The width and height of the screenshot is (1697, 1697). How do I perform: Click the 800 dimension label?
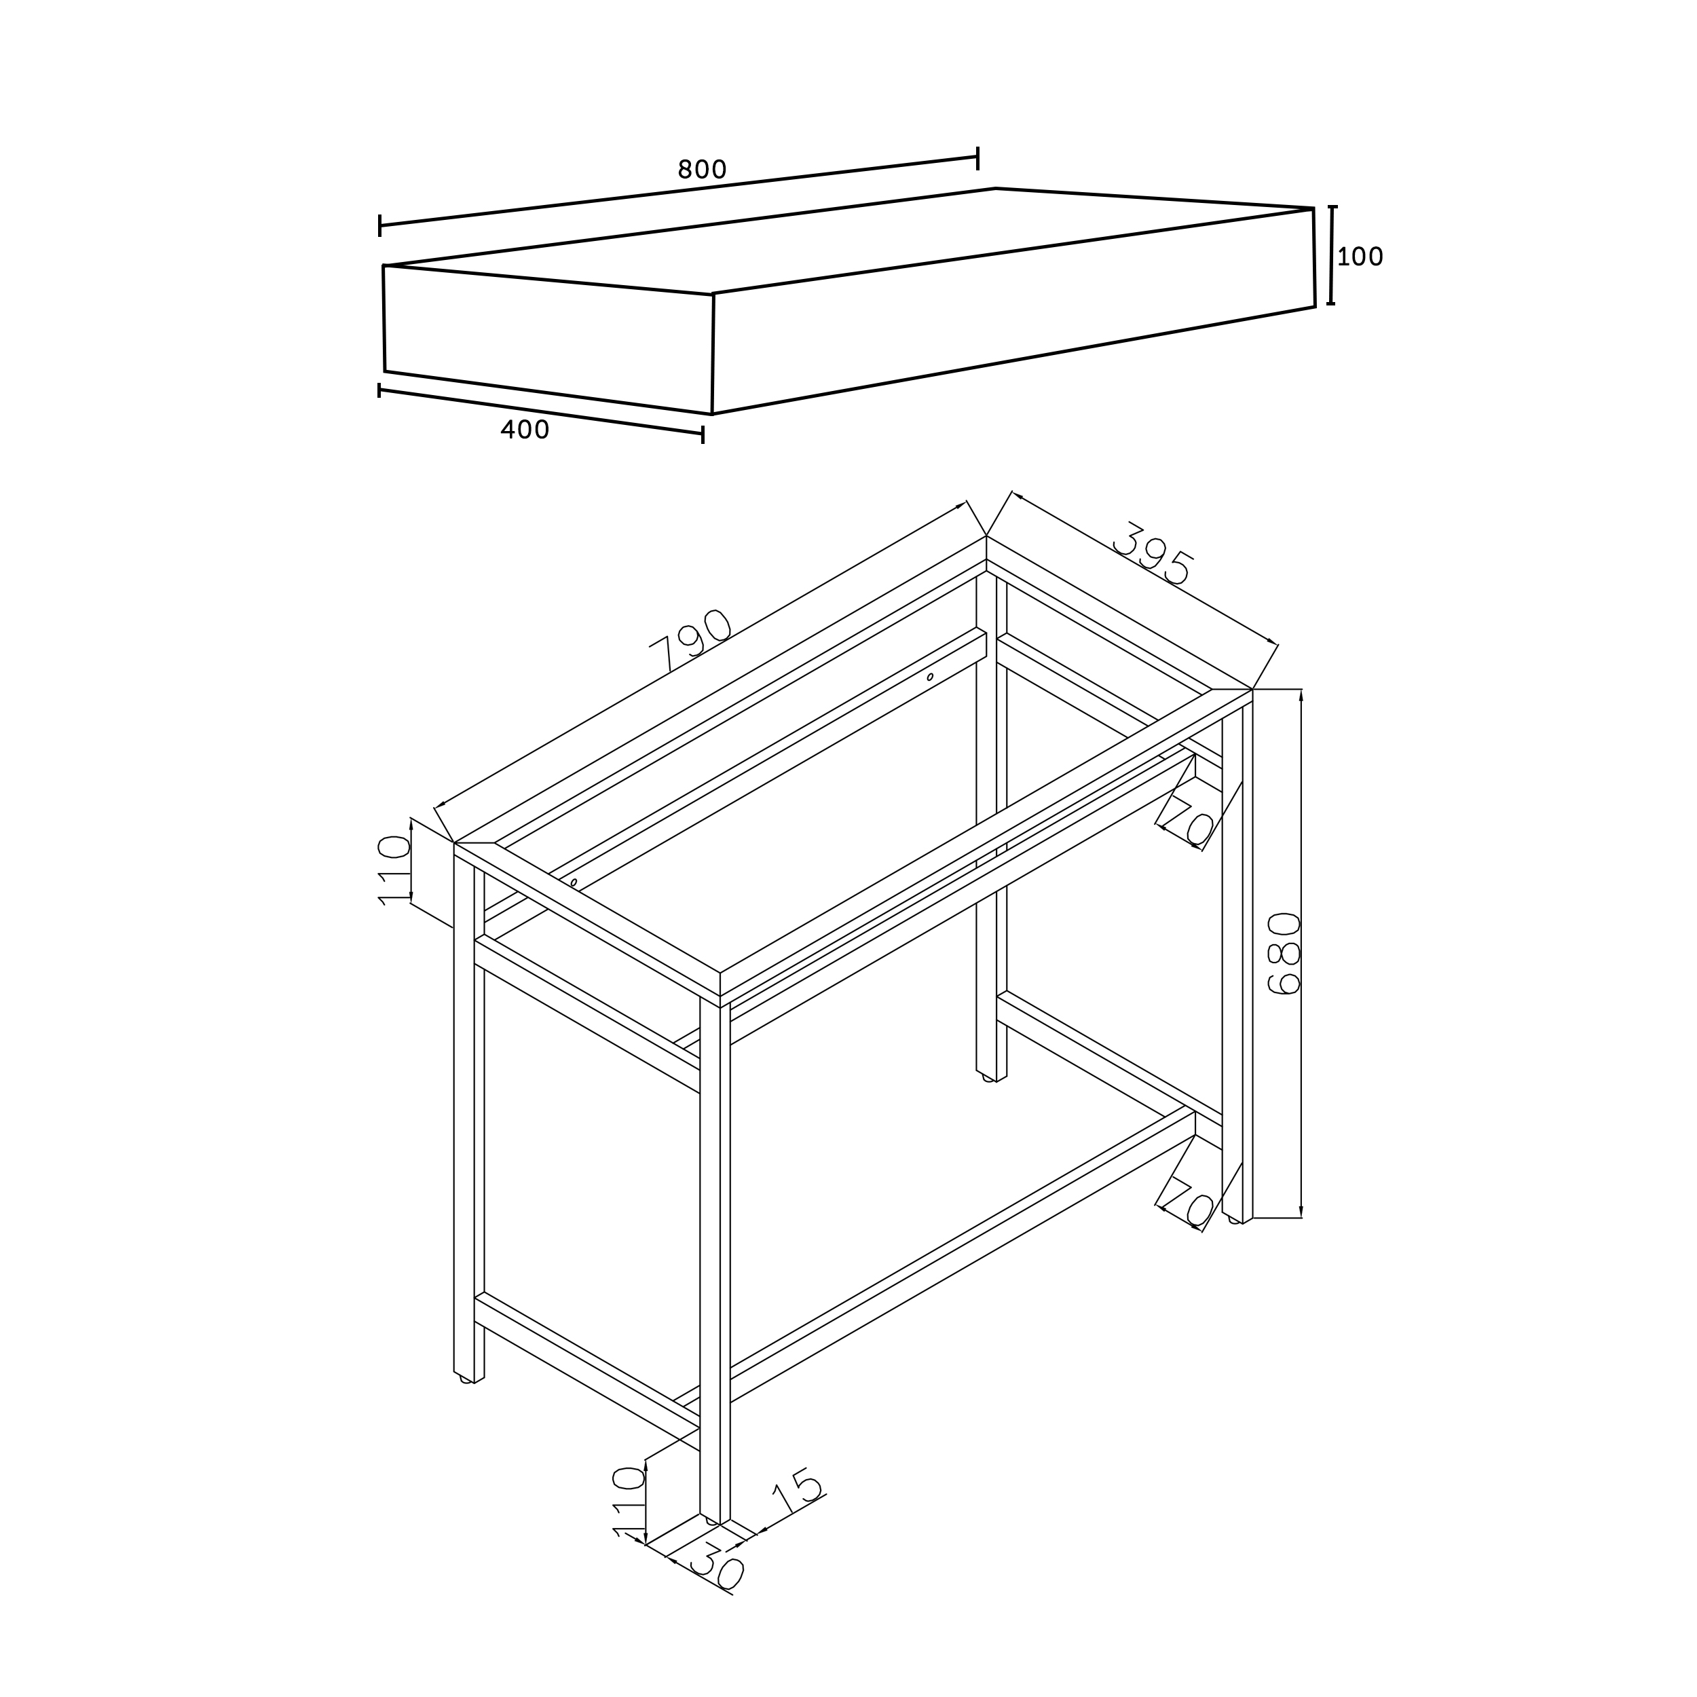[702, 170]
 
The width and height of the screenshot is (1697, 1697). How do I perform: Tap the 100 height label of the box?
[1360, 257]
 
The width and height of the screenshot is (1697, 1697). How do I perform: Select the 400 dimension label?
[525, 430]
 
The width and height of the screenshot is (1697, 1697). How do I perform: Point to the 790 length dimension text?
[690, 639]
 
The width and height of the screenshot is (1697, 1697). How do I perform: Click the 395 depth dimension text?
[1153, 555]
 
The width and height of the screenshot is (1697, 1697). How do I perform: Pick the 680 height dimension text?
[1284, 953]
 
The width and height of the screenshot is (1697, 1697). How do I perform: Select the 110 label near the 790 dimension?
[394, 870]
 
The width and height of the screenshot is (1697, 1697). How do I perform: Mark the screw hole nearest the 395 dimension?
[930, 677]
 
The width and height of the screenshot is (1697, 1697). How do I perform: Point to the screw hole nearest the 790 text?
[574, 882]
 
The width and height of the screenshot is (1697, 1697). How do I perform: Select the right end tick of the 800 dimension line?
[977, 158]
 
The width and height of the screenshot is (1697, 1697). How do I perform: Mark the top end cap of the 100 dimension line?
[1332, 206]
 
